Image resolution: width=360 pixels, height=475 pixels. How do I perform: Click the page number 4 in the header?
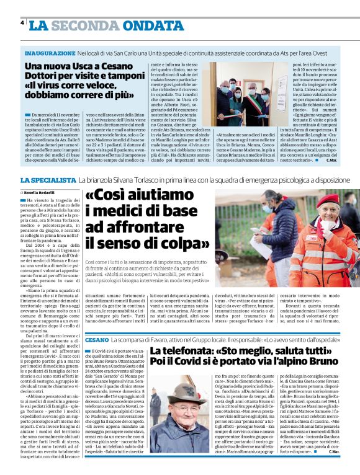pyautogui.click(x=22, y=23)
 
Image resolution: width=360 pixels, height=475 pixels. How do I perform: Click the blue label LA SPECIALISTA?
pyautogui.click(x=48, y=179)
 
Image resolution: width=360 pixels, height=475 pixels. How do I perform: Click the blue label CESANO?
pyautogui.click(x=98, y=340)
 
